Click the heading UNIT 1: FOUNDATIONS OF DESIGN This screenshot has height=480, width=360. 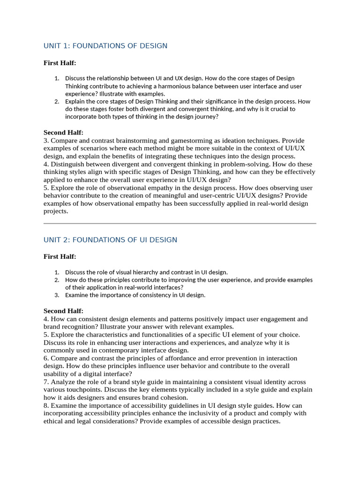pos(105,45)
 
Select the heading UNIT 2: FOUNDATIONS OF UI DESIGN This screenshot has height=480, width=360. pos(110,240)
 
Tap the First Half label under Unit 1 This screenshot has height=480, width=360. pos(60,63)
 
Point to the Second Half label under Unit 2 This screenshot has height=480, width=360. pos(63,311)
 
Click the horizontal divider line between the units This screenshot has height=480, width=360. pos(180,224)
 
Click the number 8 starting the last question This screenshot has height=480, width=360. pos(45,405)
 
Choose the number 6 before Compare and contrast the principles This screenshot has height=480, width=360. pos(45,358)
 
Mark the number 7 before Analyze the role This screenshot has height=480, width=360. pos(45,382)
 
